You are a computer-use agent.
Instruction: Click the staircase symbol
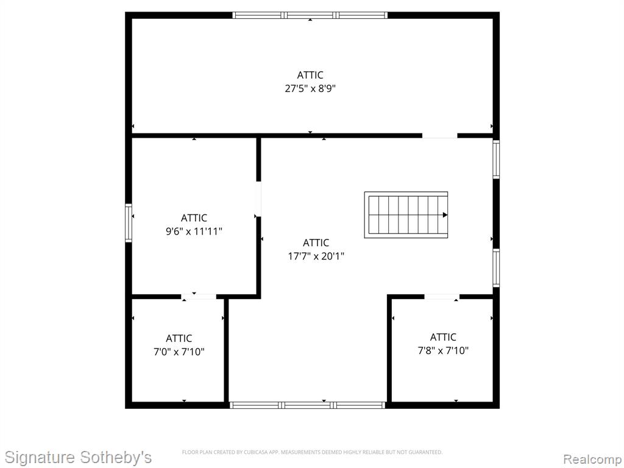click(406, 215)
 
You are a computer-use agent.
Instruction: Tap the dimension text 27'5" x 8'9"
click(310, 88)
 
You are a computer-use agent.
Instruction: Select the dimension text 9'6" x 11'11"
click(194, 231)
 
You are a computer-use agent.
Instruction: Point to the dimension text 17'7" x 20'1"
click(316, 256)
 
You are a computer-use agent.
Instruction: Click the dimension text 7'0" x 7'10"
click(179, 352)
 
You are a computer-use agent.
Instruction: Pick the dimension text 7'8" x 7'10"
click(443, 350)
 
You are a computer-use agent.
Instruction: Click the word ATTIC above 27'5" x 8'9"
click(310, 75)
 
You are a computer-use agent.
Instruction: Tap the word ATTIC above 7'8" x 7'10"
click(443, 337)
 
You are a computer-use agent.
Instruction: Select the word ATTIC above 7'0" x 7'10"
click(179, 338)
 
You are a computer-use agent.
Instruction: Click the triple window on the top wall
click(310, 15)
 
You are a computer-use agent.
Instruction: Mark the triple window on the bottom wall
click(308, 405)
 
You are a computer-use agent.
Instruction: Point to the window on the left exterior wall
click(129, 223)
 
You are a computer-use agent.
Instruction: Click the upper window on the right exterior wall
click(496, 159)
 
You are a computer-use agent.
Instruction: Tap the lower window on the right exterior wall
click(496, 268)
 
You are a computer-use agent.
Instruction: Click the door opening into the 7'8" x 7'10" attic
click(442, 297)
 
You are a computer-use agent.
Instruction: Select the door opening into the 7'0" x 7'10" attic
click(199, 297)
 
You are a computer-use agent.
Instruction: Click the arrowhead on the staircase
click(445, 215)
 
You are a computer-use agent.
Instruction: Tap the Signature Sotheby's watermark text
click(78, 457)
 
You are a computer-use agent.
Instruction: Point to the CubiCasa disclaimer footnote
click(313, 452)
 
